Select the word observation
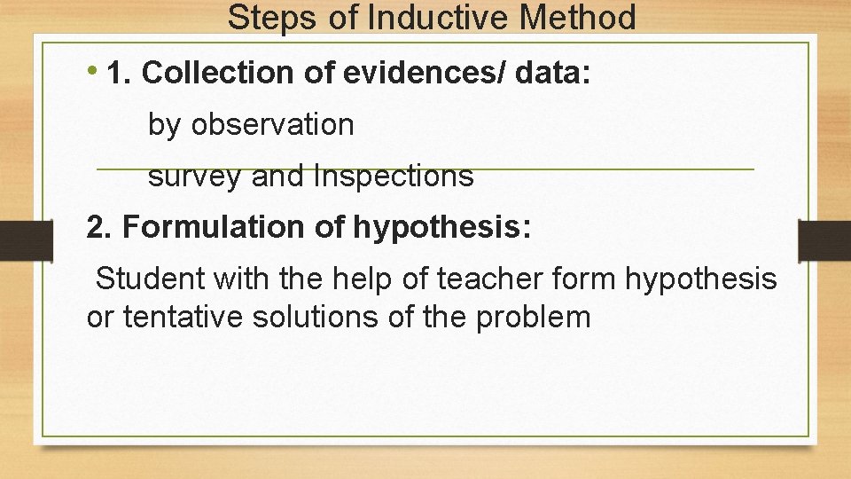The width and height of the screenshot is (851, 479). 272,125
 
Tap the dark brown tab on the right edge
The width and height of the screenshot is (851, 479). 824,239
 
